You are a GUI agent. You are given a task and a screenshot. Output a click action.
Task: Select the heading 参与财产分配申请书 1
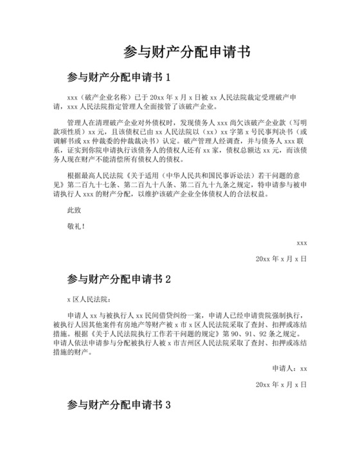pos(118,78)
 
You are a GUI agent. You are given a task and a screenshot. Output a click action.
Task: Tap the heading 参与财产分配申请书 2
pos(118,280)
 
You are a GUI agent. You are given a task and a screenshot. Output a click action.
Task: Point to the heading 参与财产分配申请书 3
pos(118,406)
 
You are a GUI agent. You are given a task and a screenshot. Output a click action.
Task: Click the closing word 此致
pos(75,210)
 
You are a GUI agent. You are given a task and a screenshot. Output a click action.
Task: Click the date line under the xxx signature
pos(281,258)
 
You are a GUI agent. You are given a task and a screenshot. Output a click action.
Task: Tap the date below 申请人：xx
pos(281,384)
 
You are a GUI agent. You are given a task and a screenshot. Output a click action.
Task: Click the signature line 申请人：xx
pos(289,368)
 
